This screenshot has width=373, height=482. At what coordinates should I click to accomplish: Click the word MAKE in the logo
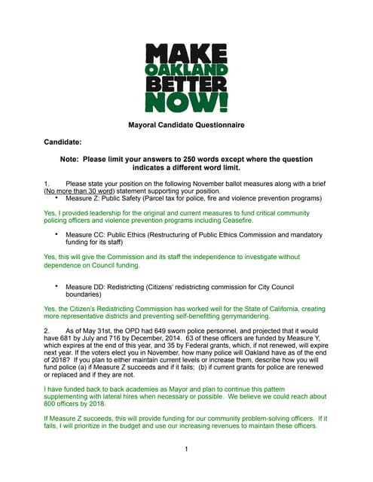[185, 54]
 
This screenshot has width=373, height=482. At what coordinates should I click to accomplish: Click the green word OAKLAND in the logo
[185, 70]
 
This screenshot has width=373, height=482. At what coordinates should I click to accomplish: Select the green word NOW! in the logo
[185, 101]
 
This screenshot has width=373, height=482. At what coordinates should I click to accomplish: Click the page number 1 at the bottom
[186, 450]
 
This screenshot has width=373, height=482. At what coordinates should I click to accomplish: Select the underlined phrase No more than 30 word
[81, 191]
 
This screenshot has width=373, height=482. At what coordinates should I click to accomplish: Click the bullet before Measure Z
[57, 199]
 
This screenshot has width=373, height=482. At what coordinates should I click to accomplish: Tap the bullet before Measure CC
[57, 235]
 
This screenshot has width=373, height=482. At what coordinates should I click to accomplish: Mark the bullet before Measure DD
[57, 286]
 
